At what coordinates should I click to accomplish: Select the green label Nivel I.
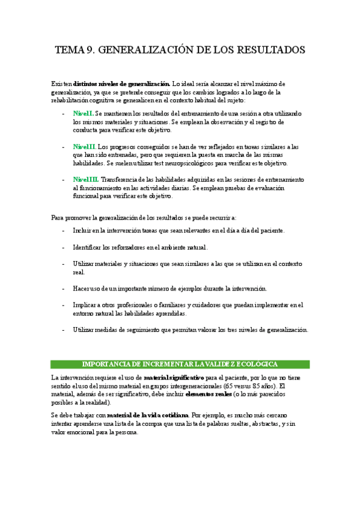84,113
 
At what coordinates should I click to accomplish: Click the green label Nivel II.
85,146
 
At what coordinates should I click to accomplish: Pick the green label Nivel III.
86,179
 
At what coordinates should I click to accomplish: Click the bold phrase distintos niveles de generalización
122,84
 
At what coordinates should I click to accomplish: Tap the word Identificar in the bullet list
90,247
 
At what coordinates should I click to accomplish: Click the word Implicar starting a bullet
87,305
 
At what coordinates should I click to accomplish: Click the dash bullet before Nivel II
64,146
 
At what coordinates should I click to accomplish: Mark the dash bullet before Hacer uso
64,289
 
